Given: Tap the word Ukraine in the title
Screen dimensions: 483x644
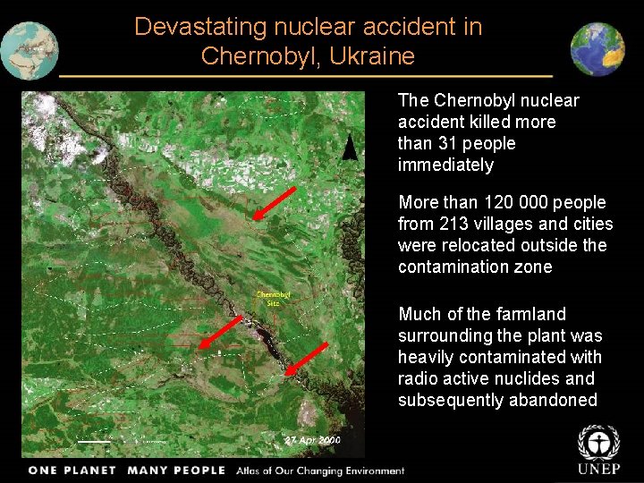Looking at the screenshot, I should coord(373,56).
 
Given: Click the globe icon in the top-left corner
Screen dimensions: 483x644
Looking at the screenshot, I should coord(30,50).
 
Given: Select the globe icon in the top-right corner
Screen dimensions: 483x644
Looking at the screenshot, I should coord(597,49).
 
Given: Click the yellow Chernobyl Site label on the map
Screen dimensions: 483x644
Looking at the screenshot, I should coord(273,298).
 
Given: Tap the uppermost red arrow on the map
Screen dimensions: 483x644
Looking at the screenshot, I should coord(274,203).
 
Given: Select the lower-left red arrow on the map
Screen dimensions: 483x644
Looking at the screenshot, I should coord(220,332).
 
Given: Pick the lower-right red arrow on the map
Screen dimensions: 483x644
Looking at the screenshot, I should coord(306,358).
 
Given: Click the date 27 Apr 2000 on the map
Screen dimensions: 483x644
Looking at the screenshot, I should coord(312,441).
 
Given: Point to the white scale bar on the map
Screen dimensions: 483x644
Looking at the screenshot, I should coord(94,442).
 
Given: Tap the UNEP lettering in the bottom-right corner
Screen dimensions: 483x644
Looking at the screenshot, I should coord(598,470).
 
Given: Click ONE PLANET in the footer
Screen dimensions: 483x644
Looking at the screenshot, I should coord(72,470).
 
